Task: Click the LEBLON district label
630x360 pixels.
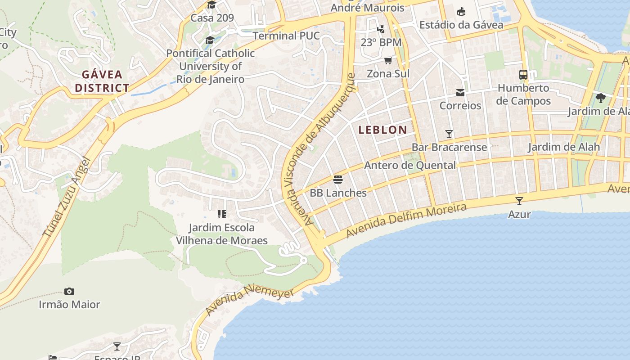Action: click(x=382, y=130)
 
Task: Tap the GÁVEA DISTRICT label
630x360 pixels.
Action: click(x=102, y=81)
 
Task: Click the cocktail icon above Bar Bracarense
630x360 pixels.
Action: click(x=449, y=134)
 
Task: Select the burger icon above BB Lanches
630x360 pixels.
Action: click(x=338, y=180)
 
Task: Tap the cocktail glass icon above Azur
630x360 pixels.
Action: click(x=519, y=201)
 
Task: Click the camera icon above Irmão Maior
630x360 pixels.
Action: click(x=69, y=292)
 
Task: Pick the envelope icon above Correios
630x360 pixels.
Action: click(x=460, y=93)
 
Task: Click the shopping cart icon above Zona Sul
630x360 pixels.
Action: click(x=388, y=60)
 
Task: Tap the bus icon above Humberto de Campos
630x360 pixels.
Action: click(x=523, y=75)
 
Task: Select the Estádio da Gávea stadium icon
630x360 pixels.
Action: click(x=461, y=12)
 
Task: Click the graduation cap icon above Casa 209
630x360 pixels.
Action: click(x=211, y=5)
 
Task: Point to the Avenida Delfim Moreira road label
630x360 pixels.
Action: click(x=406, y=221)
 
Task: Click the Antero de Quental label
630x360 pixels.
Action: click(x=409, y=165)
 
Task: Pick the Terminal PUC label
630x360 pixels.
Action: click(x=286, y=36)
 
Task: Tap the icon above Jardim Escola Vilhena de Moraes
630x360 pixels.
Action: click(x=221, y=214)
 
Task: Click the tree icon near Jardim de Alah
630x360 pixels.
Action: click(x=600, y=98)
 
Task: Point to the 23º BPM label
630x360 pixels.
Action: click(x=381, y=42)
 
